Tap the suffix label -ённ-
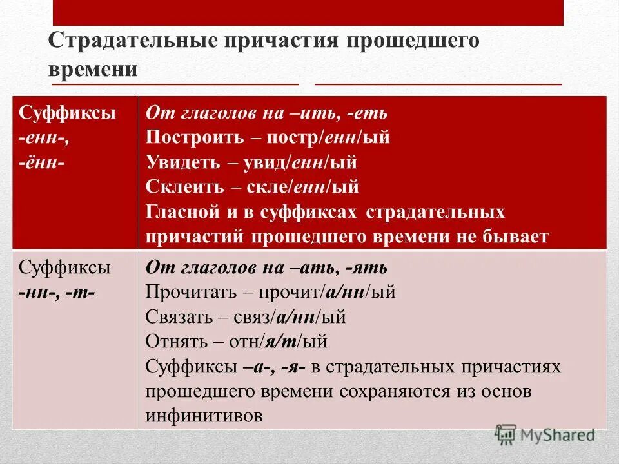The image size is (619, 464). click(41, 162)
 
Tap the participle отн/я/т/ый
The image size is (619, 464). click(285, 341)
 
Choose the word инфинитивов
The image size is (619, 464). click(204, 416)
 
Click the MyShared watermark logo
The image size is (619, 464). click(545, 434)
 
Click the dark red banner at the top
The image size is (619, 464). click(308, 13)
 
